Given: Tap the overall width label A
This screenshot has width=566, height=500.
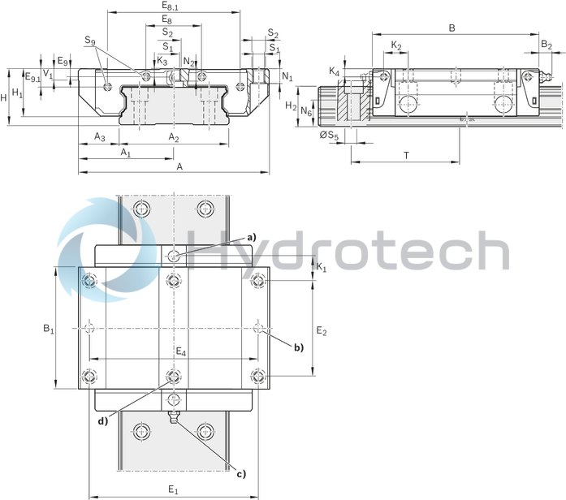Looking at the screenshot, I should [x=179, y=166].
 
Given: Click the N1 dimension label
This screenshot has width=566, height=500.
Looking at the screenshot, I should [x=287, y=76].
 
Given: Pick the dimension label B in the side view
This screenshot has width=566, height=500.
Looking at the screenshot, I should [x=452, y=28].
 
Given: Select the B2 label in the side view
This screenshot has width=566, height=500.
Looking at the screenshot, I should [x=547, y=45].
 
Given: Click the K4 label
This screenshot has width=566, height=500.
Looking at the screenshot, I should [x=334, y=72].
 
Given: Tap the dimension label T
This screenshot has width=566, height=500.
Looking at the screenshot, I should [x=404, y=154].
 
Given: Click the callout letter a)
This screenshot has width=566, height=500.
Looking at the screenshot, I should [x=252, y=236].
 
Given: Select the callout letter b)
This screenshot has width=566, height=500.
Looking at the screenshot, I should [x=299, y=347].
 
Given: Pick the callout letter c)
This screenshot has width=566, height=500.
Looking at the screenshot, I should [x=240, y=474].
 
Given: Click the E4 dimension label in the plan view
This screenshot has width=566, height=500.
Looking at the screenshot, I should [x=180, y=352].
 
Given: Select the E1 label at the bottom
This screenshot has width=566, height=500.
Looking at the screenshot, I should [x=173, y=489].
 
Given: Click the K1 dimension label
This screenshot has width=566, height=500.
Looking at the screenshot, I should [x=321, y=266].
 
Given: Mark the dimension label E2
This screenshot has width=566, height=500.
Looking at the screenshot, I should [x=321, y=331].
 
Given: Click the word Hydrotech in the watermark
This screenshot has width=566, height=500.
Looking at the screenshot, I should [x=349, y=249].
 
